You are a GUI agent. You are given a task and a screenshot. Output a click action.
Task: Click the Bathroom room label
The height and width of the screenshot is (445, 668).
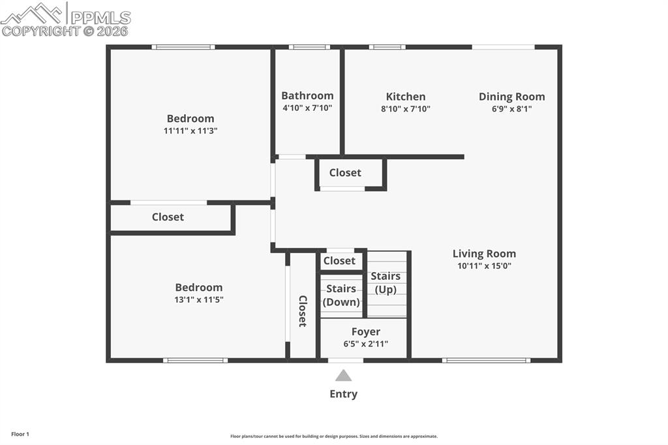[x=307, y=96]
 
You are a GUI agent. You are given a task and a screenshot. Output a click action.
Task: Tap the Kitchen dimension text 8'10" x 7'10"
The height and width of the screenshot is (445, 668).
[x=405, y=109]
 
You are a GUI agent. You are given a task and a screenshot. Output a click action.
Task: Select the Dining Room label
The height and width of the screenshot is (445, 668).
[x=511, y=97]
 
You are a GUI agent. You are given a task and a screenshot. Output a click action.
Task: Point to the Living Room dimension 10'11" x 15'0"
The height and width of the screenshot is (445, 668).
[x=484, y=266]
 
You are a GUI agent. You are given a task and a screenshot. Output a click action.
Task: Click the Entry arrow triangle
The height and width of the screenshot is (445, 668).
[x=343, y=376]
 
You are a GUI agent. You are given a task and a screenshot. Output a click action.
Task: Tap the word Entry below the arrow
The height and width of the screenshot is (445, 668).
[x=343, y=393]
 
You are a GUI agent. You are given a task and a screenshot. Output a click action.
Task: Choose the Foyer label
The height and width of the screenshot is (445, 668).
[x=365, y=331]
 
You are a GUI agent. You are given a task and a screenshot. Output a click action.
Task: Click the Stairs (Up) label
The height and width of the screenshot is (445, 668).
[x=386, y=283]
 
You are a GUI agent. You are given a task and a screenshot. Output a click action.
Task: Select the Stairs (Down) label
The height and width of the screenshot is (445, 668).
[x=341, y=295]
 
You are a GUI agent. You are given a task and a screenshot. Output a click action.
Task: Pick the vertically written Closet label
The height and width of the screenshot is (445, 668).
[x=303, y=311]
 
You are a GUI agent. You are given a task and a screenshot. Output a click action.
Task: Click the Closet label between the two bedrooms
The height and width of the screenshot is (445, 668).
[x=168, y=217]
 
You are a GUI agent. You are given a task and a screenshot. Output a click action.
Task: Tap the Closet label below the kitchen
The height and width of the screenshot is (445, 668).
[x=345, y=172]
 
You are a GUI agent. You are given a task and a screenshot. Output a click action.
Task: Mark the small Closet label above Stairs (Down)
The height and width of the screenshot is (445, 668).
[x=339, y=260]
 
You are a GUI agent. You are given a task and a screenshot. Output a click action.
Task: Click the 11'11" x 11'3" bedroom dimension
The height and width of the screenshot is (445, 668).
[x=190, y=130]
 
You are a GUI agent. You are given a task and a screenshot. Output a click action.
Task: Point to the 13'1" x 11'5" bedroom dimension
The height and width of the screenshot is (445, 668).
[x=198, y=299]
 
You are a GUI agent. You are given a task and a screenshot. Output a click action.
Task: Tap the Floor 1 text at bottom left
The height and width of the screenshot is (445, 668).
[x=20, y=434]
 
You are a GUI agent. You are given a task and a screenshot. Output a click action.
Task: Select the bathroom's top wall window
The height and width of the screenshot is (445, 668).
[x=309, y=47]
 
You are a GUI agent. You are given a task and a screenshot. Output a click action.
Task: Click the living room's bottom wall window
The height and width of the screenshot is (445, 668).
[x=486, y=360]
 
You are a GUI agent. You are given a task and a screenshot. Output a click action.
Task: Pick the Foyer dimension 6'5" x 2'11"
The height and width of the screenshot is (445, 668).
[x=365, y=343]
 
